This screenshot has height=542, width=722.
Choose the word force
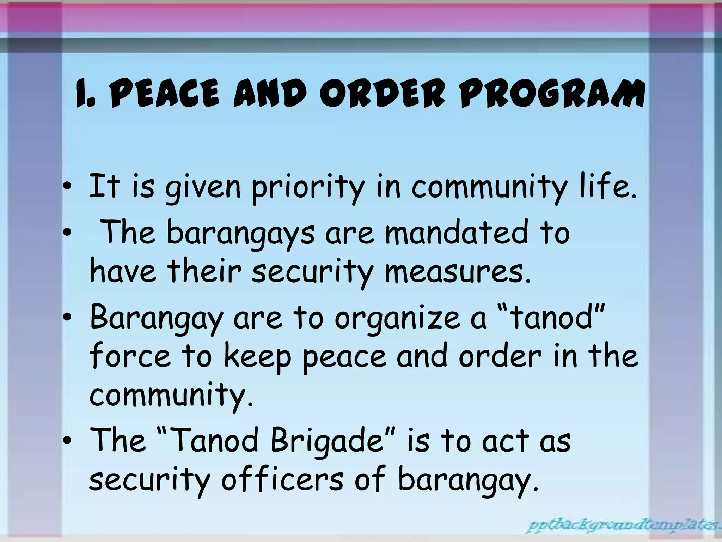130,356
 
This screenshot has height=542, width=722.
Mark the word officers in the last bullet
282,479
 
